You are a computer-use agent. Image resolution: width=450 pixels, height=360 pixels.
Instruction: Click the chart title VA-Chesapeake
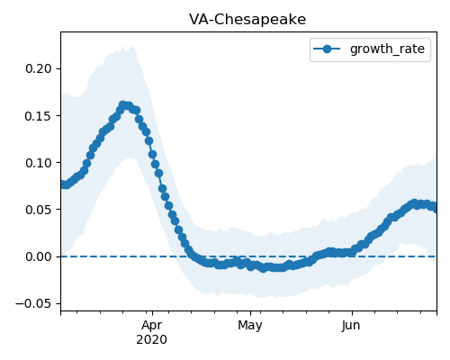click(x=247, y=20)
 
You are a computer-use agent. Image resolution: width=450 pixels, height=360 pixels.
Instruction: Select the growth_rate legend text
click(x=387, y=49)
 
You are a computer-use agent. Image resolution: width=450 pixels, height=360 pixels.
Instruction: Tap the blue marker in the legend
click(x=327, y=49)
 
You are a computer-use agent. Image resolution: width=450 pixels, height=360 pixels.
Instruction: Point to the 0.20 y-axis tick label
click(x=39, y=68)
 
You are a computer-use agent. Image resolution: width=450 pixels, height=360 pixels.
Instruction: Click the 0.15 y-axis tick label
click(x=39, y=116)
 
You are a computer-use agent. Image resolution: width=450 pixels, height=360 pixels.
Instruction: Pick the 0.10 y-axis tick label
click(x=39, y=163)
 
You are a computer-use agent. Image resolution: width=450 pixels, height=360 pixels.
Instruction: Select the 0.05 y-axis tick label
click(x=39, y=210)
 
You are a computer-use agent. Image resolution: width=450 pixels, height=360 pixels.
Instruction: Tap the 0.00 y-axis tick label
click(x=39, y=256)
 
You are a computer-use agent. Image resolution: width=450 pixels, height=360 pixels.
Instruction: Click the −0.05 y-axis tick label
click(x=33, y=303)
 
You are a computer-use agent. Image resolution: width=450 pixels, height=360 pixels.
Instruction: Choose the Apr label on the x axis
click(x=152, y=326)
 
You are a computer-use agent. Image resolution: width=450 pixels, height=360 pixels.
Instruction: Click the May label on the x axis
click(x=250, y=326)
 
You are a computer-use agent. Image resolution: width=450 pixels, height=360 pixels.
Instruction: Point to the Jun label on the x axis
click(x=351, y=326)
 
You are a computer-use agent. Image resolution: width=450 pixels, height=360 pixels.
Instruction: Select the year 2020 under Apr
click(x=152, y=340)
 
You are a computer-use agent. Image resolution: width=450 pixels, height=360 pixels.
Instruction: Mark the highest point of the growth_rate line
click(x=123, y=105)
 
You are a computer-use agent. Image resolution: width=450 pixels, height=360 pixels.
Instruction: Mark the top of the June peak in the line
click(x=415, y=203)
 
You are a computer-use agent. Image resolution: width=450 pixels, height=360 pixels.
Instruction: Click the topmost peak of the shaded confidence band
click(x=132, y=45)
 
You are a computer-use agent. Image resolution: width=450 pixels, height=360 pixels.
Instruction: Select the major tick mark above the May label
click(x=250, y=313)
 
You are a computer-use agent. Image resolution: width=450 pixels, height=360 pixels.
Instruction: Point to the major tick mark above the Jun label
click(x=352, y=313)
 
